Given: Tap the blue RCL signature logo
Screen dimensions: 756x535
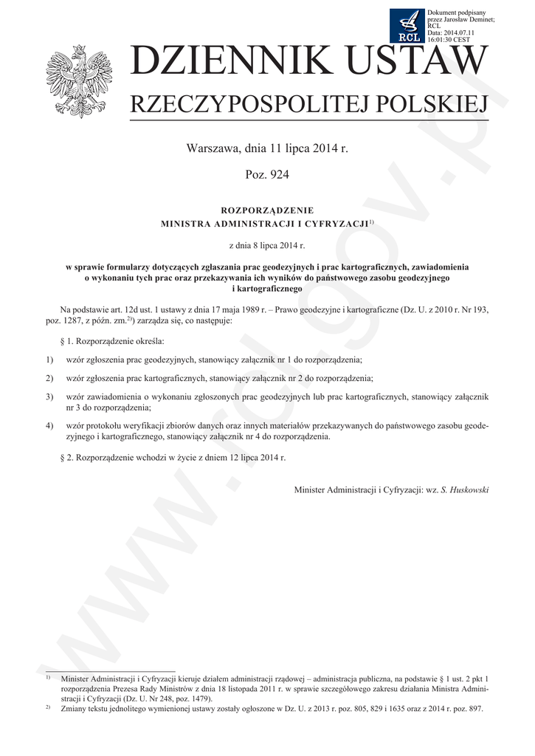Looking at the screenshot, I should click(407, 26).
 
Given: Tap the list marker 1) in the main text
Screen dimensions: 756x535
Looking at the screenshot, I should click(49, 360).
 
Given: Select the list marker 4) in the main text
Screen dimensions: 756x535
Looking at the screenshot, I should click(49, 426).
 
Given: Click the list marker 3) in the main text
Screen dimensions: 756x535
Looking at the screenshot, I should click(49, 397).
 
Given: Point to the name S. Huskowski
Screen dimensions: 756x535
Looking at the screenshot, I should click(464, 489).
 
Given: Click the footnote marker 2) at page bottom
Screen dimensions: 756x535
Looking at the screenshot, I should click(47, 707).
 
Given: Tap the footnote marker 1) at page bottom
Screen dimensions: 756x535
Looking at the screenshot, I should click(47, 676).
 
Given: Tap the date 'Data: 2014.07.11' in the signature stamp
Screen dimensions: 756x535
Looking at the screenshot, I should click(451, 32).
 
